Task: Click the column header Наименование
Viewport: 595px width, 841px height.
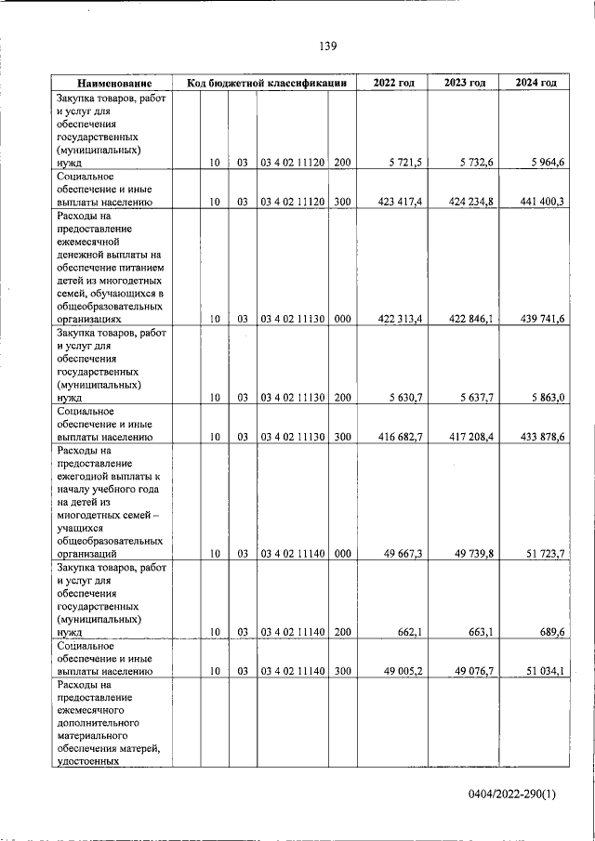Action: pyautogui.click(x=114, y=84)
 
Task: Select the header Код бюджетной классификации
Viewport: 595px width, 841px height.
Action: pyautogui.click(x=266, y=84)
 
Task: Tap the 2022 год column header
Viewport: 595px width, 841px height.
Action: pyautogui.click(x=393, y=84)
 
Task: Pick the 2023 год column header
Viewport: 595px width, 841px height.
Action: pyautogui.click(x=465, y=84)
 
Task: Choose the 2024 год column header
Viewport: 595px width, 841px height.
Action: pyautogui.click(x=536, y=84)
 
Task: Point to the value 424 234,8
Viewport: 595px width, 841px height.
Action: pyautogui.click(x=471, y=202)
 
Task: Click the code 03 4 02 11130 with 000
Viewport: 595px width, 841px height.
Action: pyautogui.click(x=292, y=319)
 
